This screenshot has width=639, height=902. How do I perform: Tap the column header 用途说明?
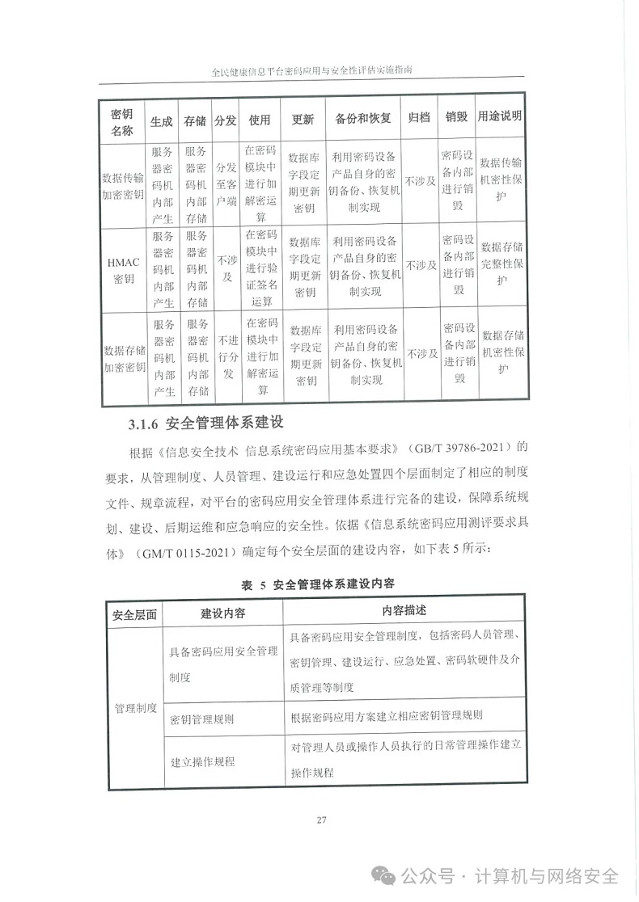pyautogui.click(x=500, y=118)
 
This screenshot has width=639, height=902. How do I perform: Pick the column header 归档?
pyautogui.click(x=419, y=119)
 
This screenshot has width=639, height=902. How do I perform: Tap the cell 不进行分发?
pyautogui.click(x=226, y=357)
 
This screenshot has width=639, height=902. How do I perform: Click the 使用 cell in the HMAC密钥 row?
pyautogui.click(x=260, y=269)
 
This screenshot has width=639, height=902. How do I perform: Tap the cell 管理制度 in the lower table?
pyautogui.click(x=135, y=707)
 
